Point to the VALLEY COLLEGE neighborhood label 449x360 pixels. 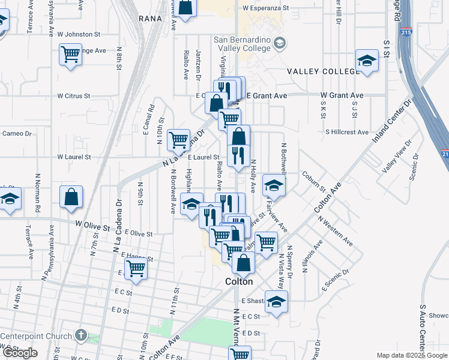pyautogui.click(x=323, y=71)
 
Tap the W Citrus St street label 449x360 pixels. pyautogui.click(x=74, y=95)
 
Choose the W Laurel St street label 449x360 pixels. pyautogui.click(x=74, y=157)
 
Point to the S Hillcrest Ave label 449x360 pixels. pyautogui.click(x=347, y=132)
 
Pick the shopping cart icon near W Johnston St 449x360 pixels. pyautogui.click(x=71, y=55)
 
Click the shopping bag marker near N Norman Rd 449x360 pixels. pyautogui.click(x=71, y=196)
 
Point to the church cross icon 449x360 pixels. pyautogui.click(x=82, y=335)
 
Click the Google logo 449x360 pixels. pyautogui.click(x=20, y=353)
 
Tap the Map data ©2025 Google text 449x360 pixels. pyautogui.click(x=411, y=355)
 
